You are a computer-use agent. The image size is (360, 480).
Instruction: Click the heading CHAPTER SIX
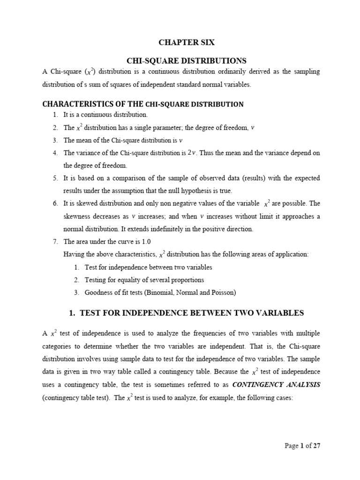[187, 42]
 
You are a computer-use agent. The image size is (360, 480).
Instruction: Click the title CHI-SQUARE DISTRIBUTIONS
[187, 60]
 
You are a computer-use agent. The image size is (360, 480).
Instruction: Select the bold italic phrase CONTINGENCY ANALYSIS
[279, 384]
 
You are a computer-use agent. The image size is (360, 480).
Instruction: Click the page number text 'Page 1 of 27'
[302, 446]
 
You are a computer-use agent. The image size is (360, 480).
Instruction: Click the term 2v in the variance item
[192, 153]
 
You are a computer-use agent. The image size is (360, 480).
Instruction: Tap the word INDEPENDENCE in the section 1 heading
[163, 313]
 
